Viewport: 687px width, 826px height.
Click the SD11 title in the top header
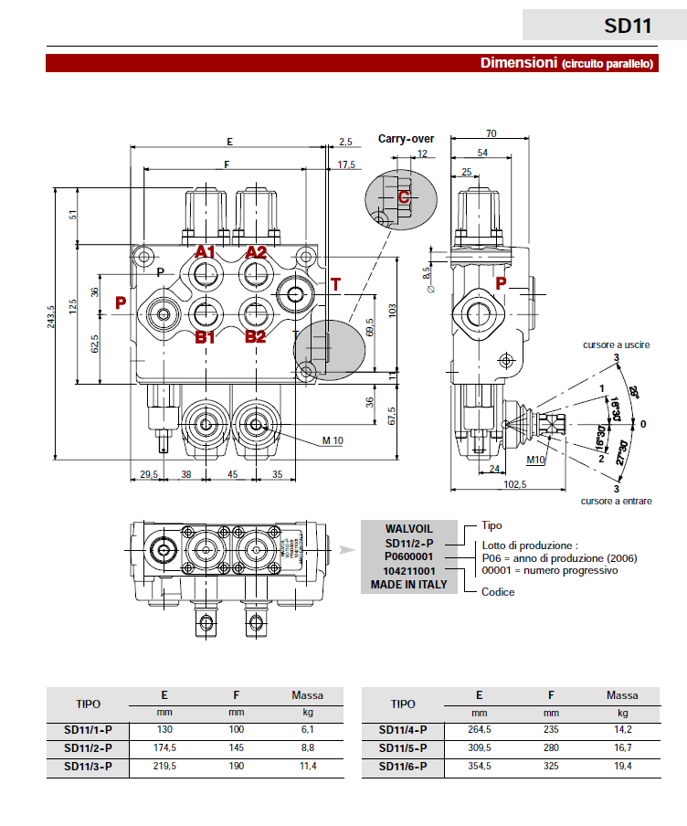point(628,25)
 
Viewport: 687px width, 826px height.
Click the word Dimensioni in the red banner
point(518,63)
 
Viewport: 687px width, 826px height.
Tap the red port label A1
point(205,252)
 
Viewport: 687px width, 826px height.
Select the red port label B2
point(255,336)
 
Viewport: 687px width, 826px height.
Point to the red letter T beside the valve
point(335,284)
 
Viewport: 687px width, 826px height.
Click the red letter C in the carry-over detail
point(403,196)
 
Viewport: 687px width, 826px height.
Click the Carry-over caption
point(406,139)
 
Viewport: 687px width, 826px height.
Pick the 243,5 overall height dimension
point(52,316)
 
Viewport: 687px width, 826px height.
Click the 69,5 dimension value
point(369,326)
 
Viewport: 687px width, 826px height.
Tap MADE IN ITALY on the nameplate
point(408,584)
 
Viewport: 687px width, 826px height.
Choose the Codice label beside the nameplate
point(498,591)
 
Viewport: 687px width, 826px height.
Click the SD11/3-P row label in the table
point(88,766)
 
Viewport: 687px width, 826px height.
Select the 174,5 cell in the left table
point(164,747)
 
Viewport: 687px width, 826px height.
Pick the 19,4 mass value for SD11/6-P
point(622,766)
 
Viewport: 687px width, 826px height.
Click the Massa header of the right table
point(622,695)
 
